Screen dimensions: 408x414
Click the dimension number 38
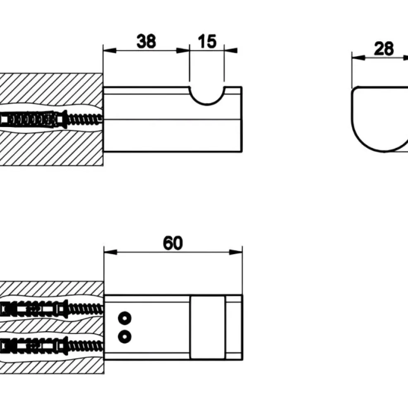(x=146, y=41)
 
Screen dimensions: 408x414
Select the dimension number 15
(x=207, y=41)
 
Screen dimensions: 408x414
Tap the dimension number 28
(x=384, y=48)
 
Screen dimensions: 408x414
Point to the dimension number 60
(x=173, y=243)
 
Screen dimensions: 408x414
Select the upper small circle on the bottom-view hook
(x=125, y=318)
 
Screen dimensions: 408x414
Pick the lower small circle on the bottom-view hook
(x=125, y=337)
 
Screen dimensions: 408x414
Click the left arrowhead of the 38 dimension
(x=110, y=51)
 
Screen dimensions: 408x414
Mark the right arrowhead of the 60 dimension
(x=236, y=253)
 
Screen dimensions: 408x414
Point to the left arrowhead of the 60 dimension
(x=110, y=253)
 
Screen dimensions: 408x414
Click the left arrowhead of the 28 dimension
(x=358, y=57)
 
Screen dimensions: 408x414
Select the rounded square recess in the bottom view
(x=208, y=327)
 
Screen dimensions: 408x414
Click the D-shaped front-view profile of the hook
(x=352, y=119)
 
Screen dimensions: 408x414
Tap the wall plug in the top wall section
(x=32, y=120)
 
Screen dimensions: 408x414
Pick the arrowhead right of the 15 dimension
(x=230, y=51)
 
